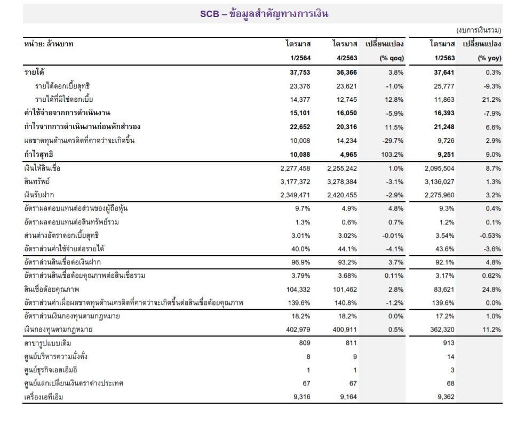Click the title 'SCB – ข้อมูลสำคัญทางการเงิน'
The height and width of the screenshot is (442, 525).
pos(264,14)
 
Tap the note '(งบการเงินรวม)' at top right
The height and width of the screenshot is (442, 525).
pos(479,30)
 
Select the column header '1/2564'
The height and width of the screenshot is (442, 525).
pos(300,58)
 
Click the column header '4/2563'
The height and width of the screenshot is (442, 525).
pos(347,58)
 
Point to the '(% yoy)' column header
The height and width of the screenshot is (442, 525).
pos(489,58)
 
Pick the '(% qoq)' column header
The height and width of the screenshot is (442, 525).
pos(392,58)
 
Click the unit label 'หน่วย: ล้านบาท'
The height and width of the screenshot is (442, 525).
pos(49,44)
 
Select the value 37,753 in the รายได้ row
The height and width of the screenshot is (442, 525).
pos(300,73)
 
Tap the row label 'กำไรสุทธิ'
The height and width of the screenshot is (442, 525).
pos(38,155)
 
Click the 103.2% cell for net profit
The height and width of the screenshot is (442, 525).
pos(392,155)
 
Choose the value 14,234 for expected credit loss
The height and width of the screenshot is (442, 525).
pos(347,141)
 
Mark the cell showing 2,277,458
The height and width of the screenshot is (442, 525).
pos(296,168)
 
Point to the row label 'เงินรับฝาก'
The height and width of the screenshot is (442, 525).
pos(39,195)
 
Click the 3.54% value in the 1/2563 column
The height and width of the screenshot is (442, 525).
pos(444,236)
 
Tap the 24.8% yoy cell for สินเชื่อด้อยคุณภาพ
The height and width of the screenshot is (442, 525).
pos(491,290)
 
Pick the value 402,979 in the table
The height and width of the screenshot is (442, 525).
pos(298,330)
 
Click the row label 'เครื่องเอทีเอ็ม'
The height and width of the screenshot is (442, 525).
pos(44,397)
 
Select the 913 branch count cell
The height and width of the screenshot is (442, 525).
pos(449,343)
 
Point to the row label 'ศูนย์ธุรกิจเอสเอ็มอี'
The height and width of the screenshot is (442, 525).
pos(51,369)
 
